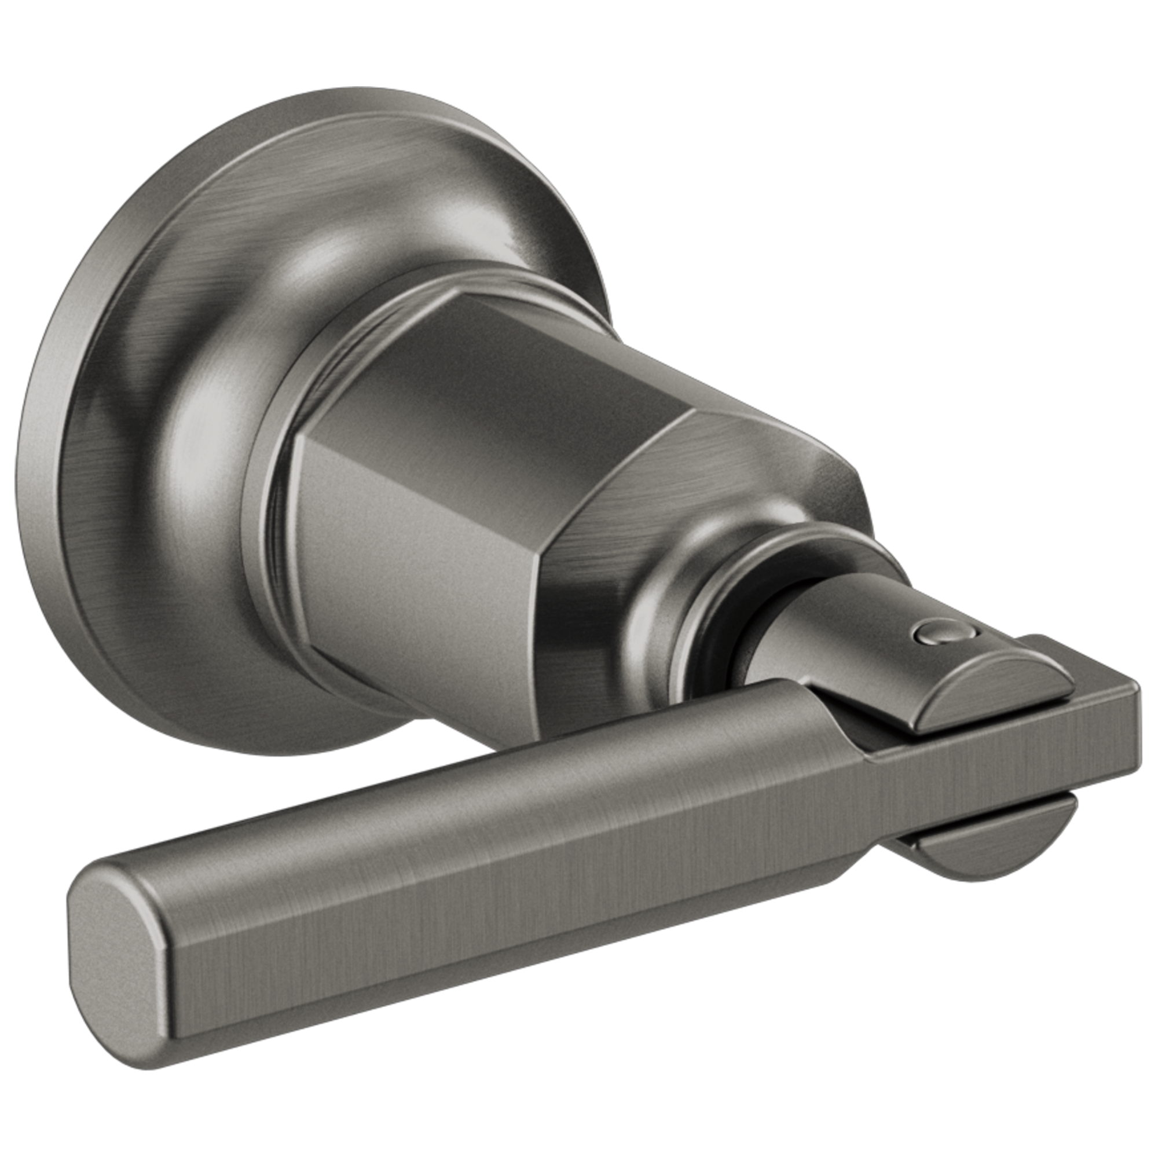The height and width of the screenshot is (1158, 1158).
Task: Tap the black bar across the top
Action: click(579, 42)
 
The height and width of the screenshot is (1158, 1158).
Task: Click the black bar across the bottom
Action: click(579, 1115)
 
